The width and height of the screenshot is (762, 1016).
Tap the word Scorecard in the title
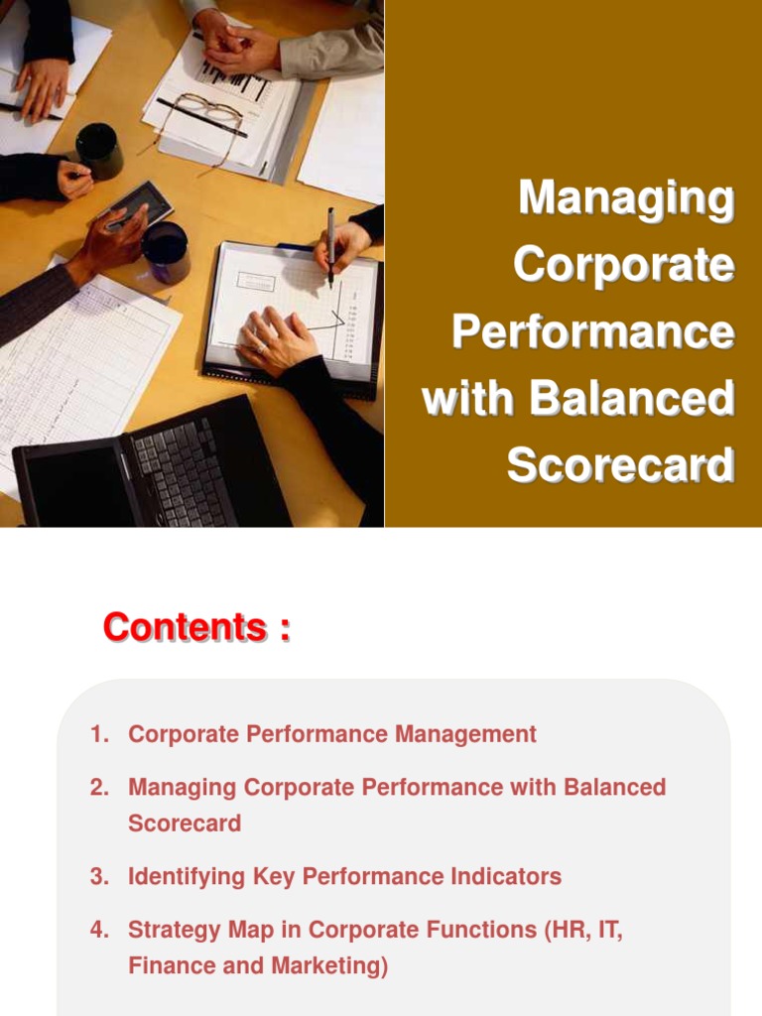click(621, 465)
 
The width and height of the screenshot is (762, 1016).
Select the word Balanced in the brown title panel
click(631, 399)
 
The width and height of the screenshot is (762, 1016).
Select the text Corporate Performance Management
click(332, 734)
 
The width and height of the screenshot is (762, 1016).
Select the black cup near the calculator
click(166, 252)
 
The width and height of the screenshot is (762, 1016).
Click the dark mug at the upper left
click(99, 150)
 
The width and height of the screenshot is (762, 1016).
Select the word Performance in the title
click(593, 332)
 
